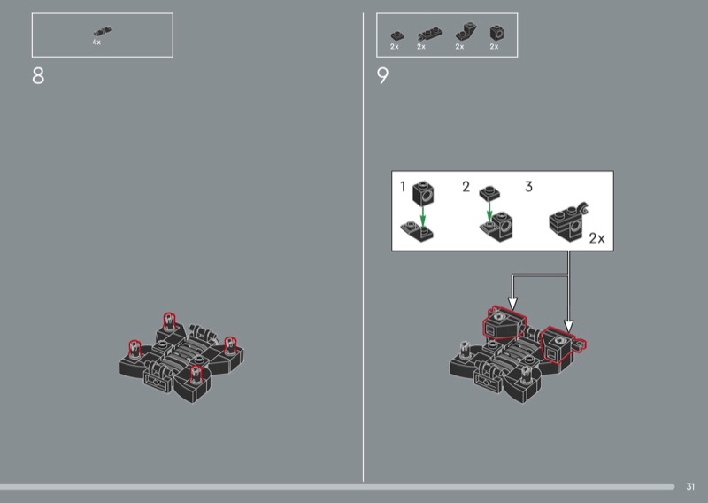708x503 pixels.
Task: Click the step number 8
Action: (x=38, y=75)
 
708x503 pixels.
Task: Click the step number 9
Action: (x=382, y=75)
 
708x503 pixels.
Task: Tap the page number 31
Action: (x=690, y=486)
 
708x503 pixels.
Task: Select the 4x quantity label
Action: (x=96, y=42)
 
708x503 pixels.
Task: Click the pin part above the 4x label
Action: (x=103, y=32)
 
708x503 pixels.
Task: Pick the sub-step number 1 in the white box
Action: (x=403, y=186)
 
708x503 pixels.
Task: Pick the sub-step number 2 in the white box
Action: (x=466, y=186)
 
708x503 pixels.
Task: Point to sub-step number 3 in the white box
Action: (x=528, y=186)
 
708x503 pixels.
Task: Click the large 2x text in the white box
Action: (x=596, y=237)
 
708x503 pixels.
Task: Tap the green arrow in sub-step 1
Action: (x=423, y=216)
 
